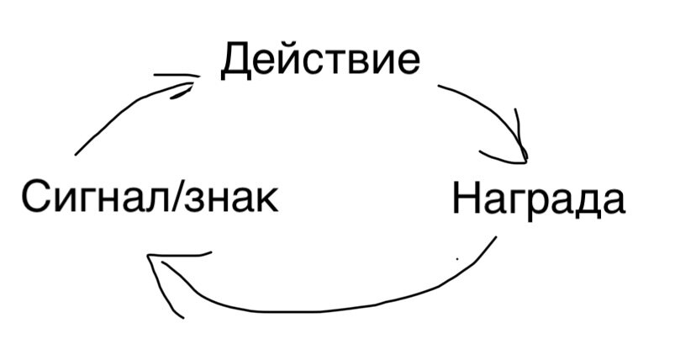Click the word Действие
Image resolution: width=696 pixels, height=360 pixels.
pyautogui.click(x=319, y=61)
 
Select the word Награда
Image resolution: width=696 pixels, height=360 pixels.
pyautogui.click(x=538, y=199)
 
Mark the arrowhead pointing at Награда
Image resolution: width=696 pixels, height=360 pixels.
pyautogui.click(x=517, y=151)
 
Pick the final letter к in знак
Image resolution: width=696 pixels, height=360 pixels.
pyautogui.click(x=268, y=202)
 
